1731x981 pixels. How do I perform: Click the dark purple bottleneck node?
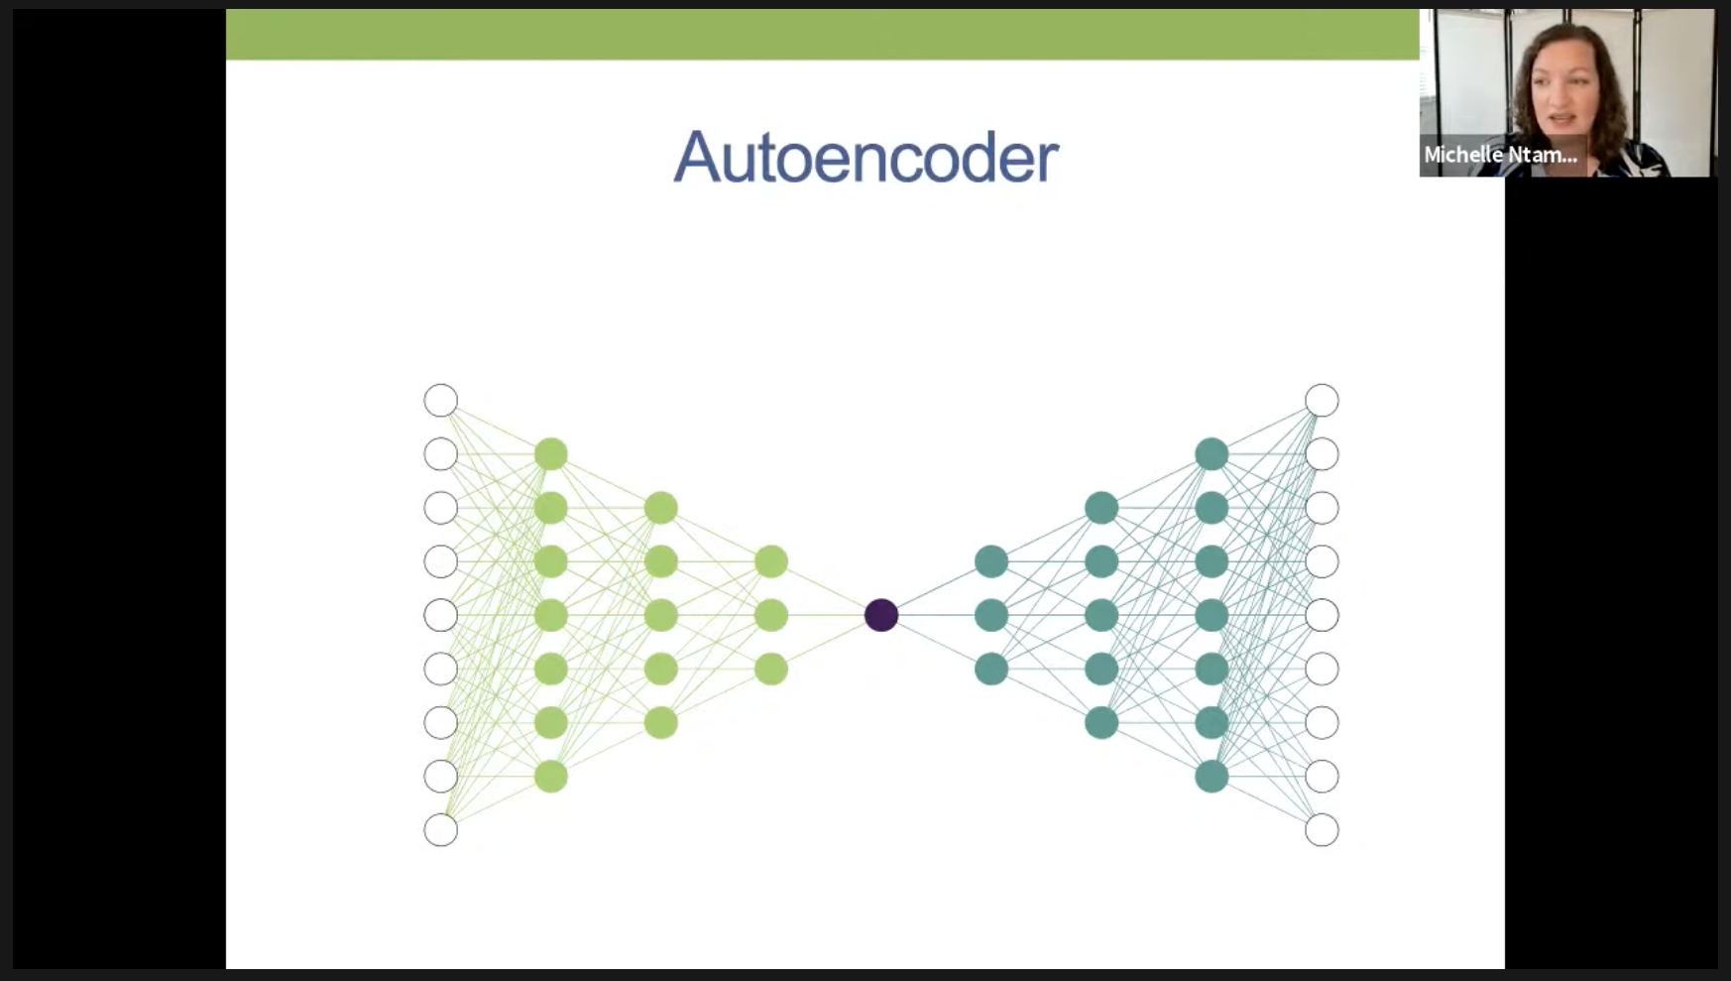point(881,615)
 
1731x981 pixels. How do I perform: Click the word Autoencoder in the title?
point(865,157)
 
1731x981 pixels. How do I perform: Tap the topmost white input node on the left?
point(441,401)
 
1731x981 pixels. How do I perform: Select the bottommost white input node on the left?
point(441,829)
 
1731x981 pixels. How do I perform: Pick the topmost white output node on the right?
point(1322,401)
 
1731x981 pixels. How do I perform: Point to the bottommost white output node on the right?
point(1322,829)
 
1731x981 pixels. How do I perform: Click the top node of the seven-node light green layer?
point(551,454)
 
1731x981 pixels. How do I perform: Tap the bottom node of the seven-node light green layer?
point(551,776)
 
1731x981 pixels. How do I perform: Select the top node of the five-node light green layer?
point(661,508)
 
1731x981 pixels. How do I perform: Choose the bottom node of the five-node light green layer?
point(661,722)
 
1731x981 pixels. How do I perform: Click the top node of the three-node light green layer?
point(771,561)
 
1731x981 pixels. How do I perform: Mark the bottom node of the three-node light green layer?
point(771,669)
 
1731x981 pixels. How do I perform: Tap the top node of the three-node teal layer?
point(991,561)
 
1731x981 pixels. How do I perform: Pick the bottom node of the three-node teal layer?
point(991,669)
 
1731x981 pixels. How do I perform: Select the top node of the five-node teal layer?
point(1101,508)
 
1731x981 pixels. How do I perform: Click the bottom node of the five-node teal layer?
point(1101,722)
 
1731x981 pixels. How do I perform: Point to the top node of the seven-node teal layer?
point(1212,454)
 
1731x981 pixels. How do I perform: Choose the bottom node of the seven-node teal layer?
point(1212,776)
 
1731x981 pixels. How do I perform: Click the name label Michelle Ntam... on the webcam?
point(1500,155)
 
